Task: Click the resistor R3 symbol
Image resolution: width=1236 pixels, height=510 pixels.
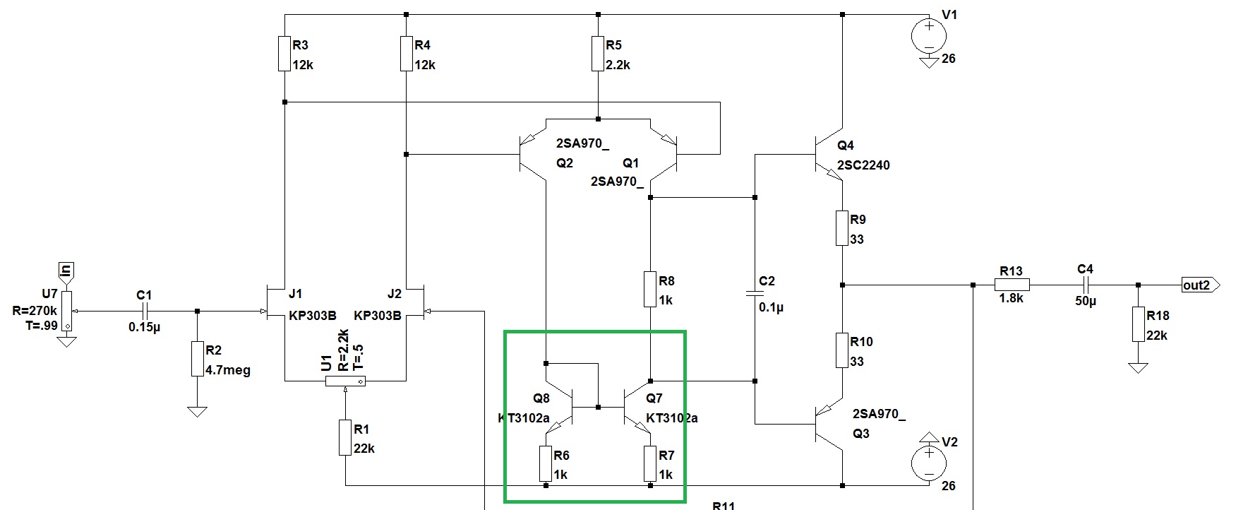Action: pyautogui.click(x=284, y=54)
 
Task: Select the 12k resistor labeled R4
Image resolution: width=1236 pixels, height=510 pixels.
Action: pyautogui.click(x=407, y=54)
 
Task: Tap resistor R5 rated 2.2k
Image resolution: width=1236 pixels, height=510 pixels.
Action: pyautogui.click(x=599, y=54)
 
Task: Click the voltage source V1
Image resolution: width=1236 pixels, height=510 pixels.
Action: pyautogui.click(x=930, y=36)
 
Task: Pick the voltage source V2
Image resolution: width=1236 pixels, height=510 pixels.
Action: pyautogui.click(x=930, y=463)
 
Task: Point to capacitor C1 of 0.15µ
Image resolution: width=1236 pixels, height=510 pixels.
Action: pyautogui.click(x=144, y=311)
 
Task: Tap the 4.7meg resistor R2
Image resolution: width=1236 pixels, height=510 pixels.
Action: pyautogui.click(x=197, y=359)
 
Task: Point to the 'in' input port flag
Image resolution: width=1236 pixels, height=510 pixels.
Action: pyautogui.click(x=66, y=271)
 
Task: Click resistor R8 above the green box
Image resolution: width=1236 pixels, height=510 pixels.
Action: pyautogui.click(x=650, y=289)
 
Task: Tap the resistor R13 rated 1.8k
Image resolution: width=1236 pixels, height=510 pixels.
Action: pyautogui.click(x=1012, y=285)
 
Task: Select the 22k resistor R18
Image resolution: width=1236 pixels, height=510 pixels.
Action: pyautogui.click(x=1138, y=324)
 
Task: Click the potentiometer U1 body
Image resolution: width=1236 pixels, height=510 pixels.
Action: pyautogui.click(x=345, y=381)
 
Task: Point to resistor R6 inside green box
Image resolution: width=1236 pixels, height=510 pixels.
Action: pyautogui.click(x=546, y=463)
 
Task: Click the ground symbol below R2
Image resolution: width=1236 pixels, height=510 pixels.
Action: pyautogui.click(x=197, y=411)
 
